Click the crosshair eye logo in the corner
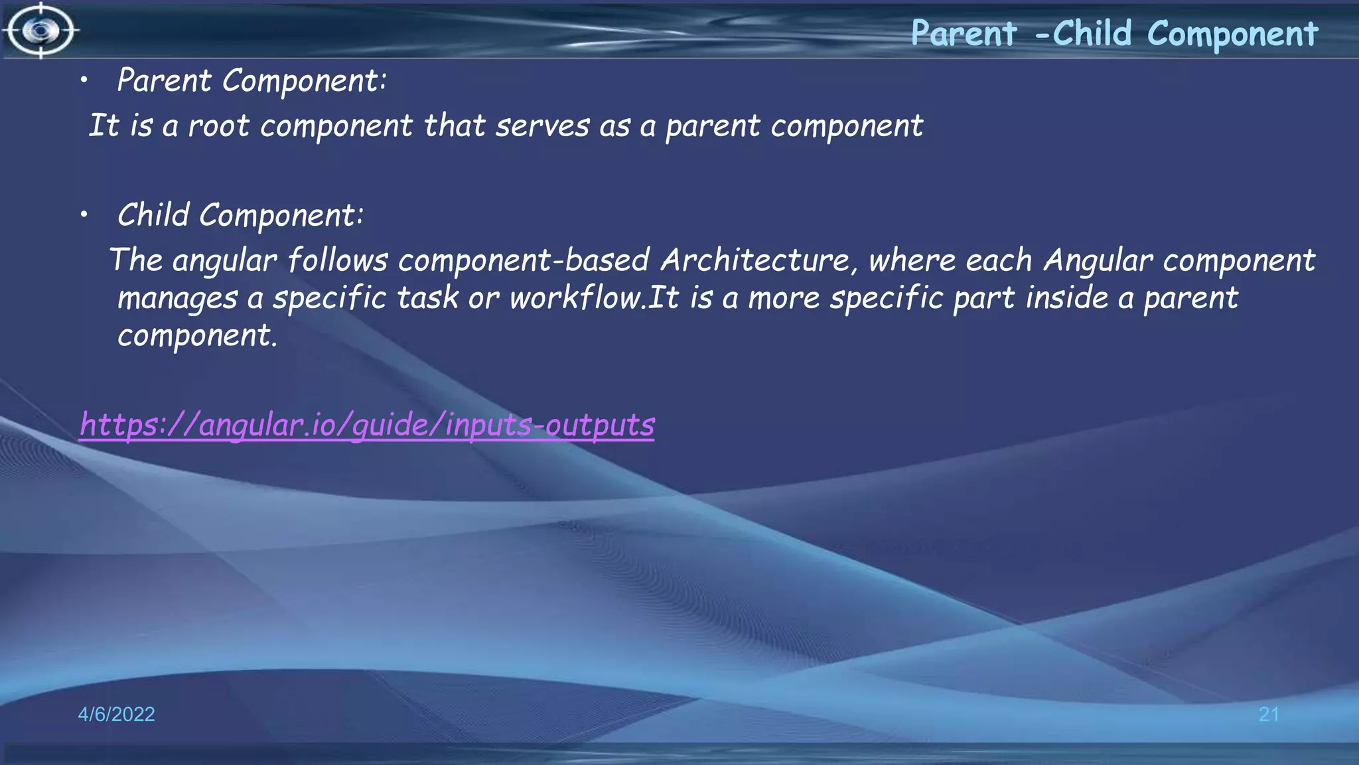(x=41, y=31)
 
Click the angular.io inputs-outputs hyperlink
(x=367, y=425)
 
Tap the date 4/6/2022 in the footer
(x=116, y=714)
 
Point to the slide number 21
(x=1269, y=714)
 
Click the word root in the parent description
(x=219, y=126)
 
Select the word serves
(x=542, y=126)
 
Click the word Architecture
(x=755, y=260)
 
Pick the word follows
(x=338, y=260)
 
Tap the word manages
(x=177, y=299)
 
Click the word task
(x=427, y=297)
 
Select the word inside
(x=1067, y=297)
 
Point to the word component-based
(x=524, y=260)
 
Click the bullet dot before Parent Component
(x=84, y=81)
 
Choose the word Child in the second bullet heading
(x=153, y=215)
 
